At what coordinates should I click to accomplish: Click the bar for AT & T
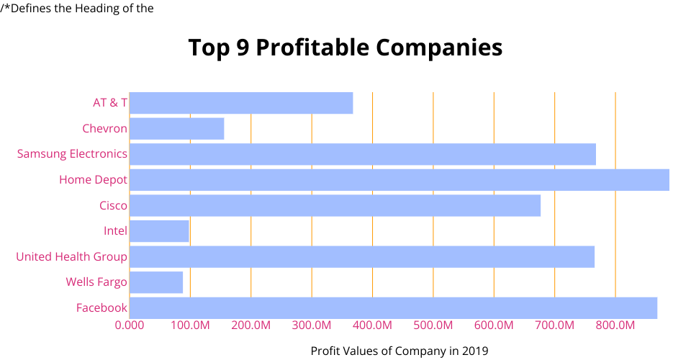(x=241, y=103)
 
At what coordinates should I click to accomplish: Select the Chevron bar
(x=176, y=129)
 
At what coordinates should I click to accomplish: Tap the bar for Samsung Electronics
(x=362, y=154)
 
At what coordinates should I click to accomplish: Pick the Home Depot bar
(x=399, y=180)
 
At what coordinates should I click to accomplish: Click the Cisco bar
(x=335, y=206)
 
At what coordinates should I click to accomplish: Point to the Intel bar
(x=159, y=231)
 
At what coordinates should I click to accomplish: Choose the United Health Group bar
(x=361, y=257)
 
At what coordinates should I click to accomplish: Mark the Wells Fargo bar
(x=156, y=282)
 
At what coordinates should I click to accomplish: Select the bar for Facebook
(x=393, y=308)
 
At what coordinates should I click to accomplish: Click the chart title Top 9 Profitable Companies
(x=345, y=48)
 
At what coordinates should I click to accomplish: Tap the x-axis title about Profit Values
(x=399, y=351)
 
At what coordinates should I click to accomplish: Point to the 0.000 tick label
(x=130, y=325)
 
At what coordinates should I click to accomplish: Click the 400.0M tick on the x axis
(x=372, y=325)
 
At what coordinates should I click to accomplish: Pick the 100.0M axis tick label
(x=190, y=325)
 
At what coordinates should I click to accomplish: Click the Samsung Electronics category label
(x=72, y=154)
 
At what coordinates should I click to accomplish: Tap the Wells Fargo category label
(x=96, y=282)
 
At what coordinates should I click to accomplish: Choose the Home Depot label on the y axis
(x=93, y=180)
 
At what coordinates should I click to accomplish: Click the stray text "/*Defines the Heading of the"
(x=77, y=9)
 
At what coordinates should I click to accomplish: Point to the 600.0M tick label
(x=494, y=325)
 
